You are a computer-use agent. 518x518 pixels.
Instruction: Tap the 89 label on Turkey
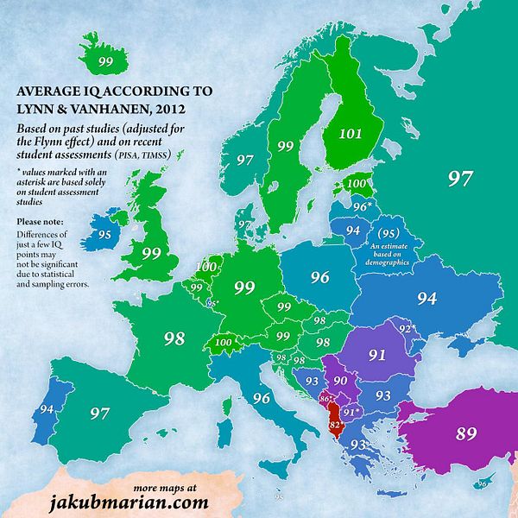point(466,433)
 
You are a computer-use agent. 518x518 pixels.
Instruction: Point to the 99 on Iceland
point(106,61)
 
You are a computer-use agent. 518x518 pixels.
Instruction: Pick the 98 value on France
point(174,338)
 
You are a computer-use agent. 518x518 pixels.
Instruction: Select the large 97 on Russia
point(460,179)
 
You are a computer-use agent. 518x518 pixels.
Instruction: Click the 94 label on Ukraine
point(426,298)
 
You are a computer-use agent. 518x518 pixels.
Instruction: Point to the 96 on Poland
point(320,277)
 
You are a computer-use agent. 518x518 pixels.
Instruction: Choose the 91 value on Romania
point(377,355)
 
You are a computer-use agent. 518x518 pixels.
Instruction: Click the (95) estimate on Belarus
point(388,234)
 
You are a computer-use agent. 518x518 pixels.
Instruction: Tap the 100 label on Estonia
point(355,183)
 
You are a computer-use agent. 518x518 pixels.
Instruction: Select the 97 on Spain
point(101,414)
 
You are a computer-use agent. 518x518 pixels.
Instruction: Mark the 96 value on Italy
point(262,398)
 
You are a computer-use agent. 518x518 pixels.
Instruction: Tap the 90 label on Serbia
point(340,381)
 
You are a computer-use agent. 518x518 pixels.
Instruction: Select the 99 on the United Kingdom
point(151,253)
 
